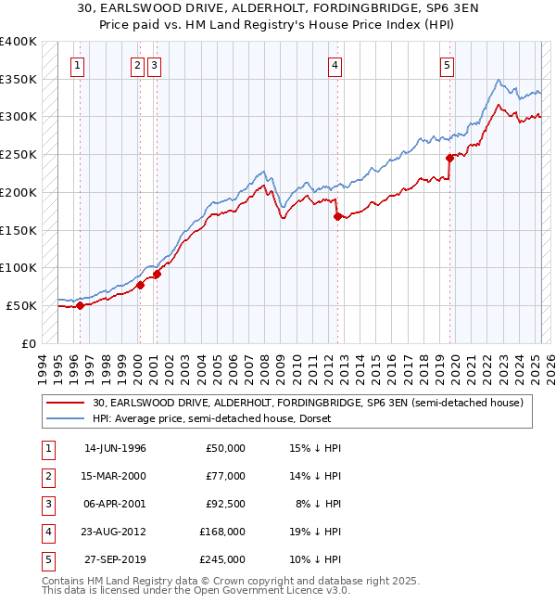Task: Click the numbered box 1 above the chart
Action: pyautogui.click(x=77, y=65)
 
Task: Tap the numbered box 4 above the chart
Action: pyautogui.click(x=334, y=65)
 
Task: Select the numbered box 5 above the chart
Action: pyautogui.click(x=448, y=65)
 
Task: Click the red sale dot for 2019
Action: pyautogui.click(x=449, y=158)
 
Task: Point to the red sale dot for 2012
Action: pyautogui.click(x=337, y=216)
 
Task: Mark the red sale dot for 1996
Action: pyautogui.click(x=81, y=305)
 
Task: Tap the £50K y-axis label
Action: pyautogui.click(x=21, y=305)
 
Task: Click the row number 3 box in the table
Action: pyautogui.click(x=46, y=504)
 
